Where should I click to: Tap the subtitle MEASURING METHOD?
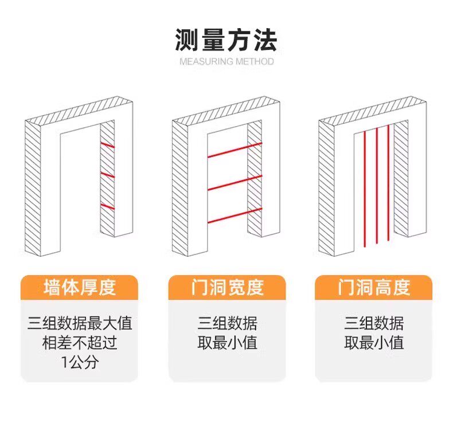pos(226,61)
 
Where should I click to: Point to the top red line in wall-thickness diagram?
pos(108,144)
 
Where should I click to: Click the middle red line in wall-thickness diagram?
pos(108,174)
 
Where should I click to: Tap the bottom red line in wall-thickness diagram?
pos(108,206)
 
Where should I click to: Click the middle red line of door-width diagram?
pos(235,182)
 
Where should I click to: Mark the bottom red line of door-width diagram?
pos(235,215)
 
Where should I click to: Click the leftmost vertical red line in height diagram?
pos(364,188)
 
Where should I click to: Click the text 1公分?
pos(80,363)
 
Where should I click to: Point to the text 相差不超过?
pos(80,343)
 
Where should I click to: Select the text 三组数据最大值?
pos(80,323)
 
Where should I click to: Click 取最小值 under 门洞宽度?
pos(227,343)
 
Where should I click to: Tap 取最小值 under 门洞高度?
pos(374,343)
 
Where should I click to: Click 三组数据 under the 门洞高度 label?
pos(374,323)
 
